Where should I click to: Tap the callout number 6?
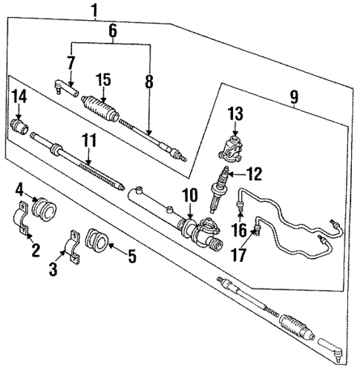point(113,31)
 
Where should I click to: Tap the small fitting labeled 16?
point(239,205)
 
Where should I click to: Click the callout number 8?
point(150,82)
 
